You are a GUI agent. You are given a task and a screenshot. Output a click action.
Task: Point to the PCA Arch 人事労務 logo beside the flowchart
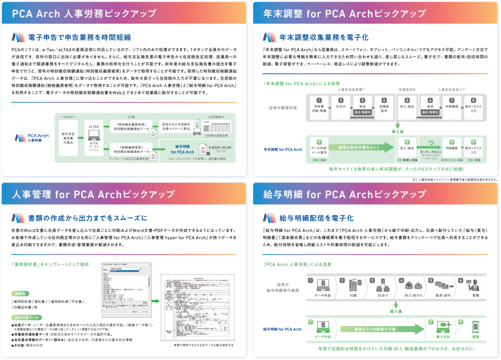click(x=32, y=138)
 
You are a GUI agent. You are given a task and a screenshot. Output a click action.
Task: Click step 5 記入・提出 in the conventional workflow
click(x=407, y=105)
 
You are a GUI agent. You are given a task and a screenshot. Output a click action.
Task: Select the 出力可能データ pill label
click(x=26, y=317)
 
